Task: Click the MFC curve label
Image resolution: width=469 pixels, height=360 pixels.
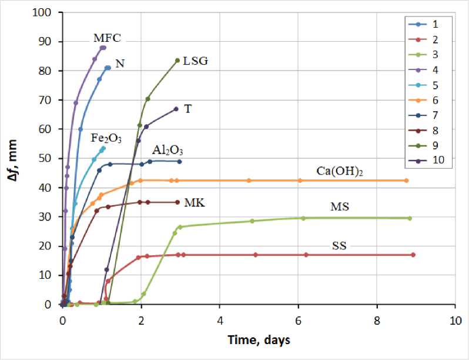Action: point(107,38)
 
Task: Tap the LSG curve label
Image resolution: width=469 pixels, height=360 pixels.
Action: point(196,61)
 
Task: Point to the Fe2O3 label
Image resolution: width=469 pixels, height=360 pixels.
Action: point(106,138)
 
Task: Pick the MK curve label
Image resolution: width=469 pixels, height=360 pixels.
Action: point(195,202)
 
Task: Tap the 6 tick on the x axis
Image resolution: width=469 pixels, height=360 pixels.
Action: point(298,321)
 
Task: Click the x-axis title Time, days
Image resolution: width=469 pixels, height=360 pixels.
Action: point(258,340)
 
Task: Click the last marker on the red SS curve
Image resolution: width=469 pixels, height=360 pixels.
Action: point(413,255)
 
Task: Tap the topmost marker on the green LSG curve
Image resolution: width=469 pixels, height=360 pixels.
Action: point(177,61)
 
